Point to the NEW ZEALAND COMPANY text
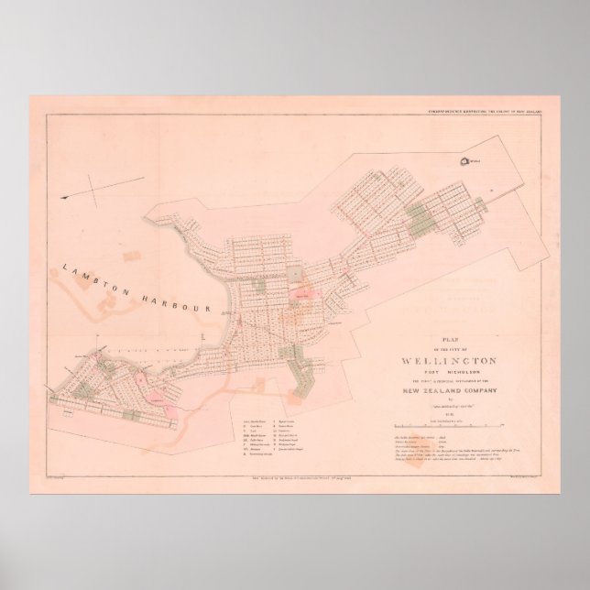(x=448, y=390)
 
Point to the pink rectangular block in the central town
(x=303, y=296)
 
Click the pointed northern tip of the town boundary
(x=496, y=136)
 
